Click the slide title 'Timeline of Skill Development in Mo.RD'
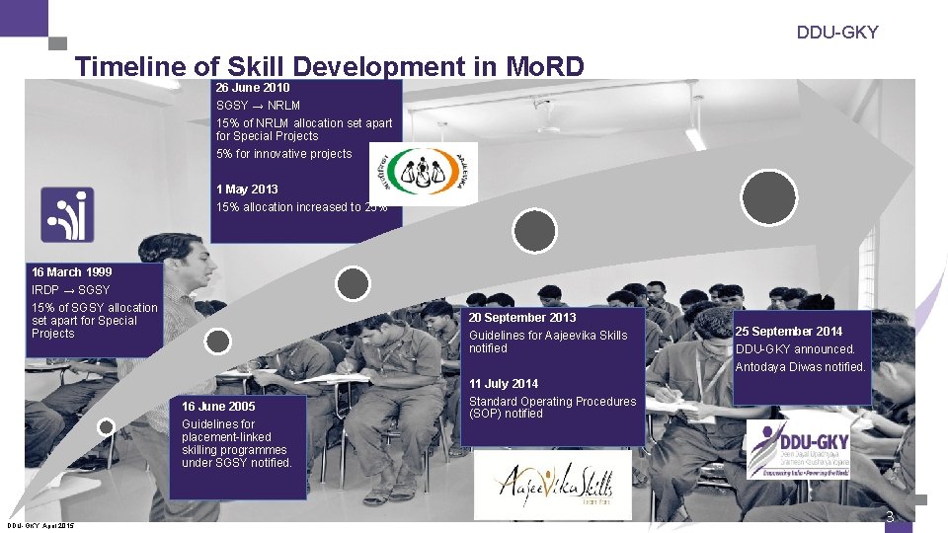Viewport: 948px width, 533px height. coord(330,66)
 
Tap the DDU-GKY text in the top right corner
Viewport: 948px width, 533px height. coord(837,33)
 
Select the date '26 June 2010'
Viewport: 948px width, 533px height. coord(252,88)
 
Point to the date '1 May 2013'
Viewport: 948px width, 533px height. coord(247,189)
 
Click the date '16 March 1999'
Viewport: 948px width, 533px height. coord(71,271)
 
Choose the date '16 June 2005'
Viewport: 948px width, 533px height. coord(218,406)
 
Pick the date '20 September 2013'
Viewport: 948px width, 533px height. coord(522,317)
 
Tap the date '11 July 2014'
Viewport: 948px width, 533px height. coord(504,383)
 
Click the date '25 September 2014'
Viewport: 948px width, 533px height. coord(789,331)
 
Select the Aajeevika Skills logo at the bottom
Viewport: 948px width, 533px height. coord(553,486)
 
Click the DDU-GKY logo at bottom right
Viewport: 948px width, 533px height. coord(795,449)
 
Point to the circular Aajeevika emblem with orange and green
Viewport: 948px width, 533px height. coord(423,174)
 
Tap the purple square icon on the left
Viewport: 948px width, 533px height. coord(67,214)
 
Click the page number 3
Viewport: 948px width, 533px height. coord(890,517)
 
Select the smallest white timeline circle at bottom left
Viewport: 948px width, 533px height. coord(106,427)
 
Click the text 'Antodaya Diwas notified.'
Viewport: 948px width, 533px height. coord(800,367)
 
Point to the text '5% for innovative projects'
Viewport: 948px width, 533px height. coord(283,153)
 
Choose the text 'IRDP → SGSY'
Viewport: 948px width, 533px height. coord(70,289)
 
